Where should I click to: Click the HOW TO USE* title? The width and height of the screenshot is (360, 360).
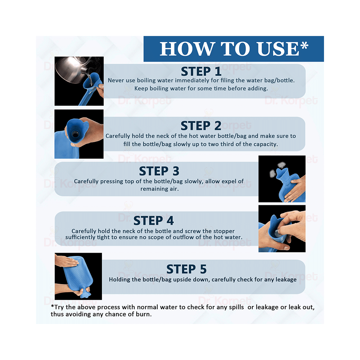(x=234, y=49)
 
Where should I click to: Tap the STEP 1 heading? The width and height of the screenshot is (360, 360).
(x=201, y=71)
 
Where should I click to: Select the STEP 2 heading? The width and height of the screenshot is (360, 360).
(x=201, y=126)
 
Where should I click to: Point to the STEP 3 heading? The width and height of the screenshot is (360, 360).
(x=159, y=171)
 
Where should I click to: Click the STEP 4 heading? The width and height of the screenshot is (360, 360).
(x=154, y=221)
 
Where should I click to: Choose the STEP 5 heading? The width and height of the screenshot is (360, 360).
(x=186, y=269)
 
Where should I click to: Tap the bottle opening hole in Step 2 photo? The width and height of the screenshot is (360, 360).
(x=75, y=134)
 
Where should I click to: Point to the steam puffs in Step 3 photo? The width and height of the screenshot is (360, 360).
(x=277, y=170)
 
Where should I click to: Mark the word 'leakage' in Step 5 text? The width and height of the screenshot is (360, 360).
(x=286, y=280)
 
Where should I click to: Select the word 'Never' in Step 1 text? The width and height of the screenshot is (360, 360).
(x=115, y=81)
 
